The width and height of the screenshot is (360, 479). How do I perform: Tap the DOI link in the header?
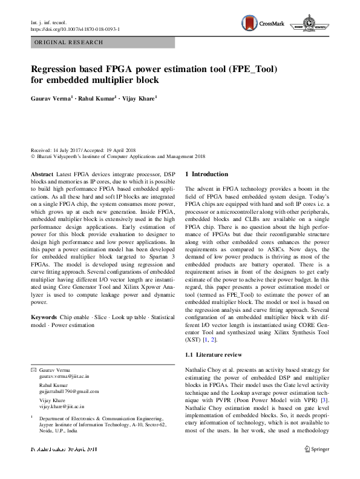pos(75,28)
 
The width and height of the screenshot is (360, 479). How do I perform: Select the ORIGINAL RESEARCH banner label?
pos(69,42)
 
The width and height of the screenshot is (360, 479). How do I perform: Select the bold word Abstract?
pos(42,173)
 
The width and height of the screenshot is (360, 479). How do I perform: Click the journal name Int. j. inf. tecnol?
pos(47,22)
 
